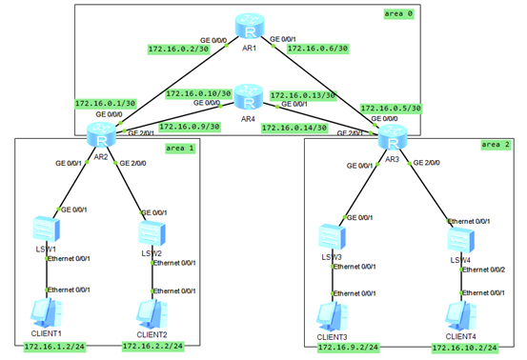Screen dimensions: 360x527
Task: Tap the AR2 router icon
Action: coord(98,133)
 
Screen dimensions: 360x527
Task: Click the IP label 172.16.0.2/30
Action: coord(179,48)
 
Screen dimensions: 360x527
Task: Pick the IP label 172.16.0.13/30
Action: coord(303,95)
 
